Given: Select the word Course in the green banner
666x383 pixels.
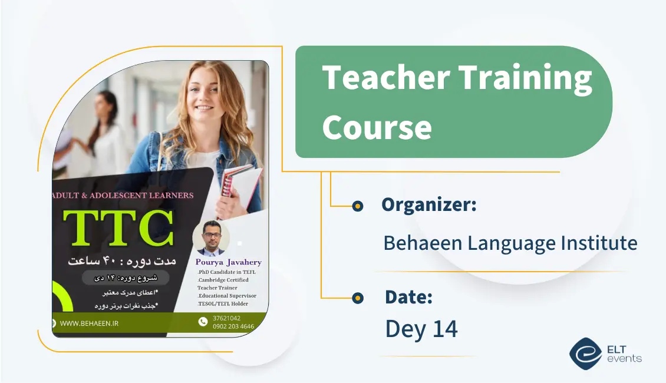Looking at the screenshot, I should click(x=377, y=127).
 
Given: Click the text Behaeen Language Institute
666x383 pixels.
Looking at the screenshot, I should click(x=510, y=243).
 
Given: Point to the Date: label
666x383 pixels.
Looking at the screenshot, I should click(x=408, y=297).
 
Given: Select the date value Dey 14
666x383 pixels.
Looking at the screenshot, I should click(x=421, y=329).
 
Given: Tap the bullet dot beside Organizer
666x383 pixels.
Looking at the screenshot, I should click(x=357, y=206).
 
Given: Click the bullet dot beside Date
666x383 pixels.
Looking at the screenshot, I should click(x=357, y=298).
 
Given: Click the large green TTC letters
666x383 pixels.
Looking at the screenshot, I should click(x=118, y=228).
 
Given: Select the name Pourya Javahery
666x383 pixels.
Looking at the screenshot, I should click(x=229, y=262).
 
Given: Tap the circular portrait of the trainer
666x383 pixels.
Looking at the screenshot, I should click(x=211, y=237).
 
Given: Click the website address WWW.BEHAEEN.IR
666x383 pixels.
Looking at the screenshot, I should click(x=89, y=323).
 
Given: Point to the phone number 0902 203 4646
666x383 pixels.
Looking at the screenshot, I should click(x=233, y=326).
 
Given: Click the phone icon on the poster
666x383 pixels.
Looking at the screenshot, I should click(x=203, y=322).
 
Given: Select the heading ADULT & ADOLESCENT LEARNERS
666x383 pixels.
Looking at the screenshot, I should click(x=123, y=195).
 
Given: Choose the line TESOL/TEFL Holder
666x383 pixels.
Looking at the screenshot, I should click(x=223, y=304).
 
